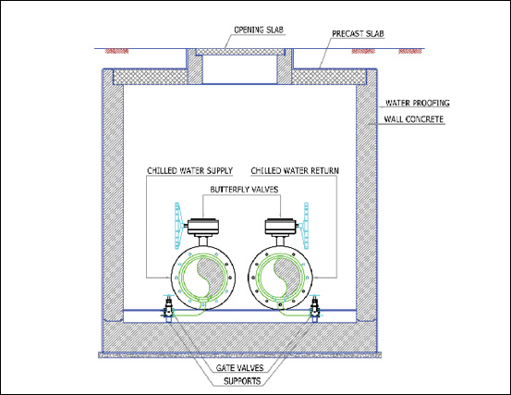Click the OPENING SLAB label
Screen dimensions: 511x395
point(259,30)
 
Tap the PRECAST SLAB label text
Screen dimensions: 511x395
point(358,34)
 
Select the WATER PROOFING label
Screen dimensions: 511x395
point(418,103)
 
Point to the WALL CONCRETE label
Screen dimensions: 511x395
point(414,119)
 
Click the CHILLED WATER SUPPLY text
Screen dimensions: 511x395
point(189,171)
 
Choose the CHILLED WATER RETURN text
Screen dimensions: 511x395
point(295,170)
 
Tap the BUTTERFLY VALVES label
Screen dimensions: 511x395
point(244,190)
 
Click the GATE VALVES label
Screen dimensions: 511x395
point(239,368)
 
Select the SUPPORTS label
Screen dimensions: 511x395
point(242,381)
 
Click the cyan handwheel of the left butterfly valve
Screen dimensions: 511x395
point(178,225)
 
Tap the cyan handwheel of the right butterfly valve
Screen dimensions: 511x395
point(306,225)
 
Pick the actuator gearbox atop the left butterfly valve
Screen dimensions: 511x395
point(203,227)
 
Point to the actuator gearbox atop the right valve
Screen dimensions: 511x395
point(281,227)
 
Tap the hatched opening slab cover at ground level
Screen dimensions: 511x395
point(239,52)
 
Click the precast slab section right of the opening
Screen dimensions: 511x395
point(328,77)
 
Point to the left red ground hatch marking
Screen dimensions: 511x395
point(117,51)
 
